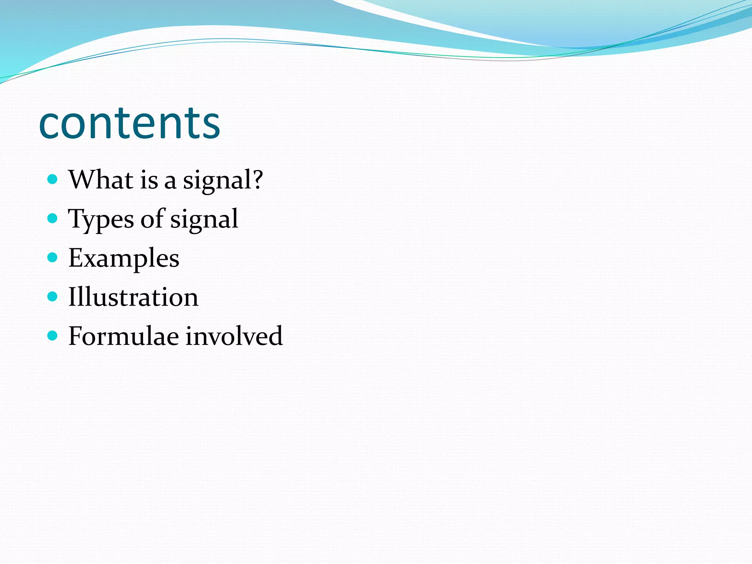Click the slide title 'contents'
click(129, 123)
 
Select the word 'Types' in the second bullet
click(101, 219)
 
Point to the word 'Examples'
click(124, 258)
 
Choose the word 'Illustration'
click(133, 297)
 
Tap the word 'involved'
click(234, 336)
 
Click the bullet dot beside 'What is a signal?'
click(53, 179)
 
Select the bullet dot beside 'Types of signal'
click(53, 218)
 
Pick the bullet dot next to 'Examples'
click(53, 257)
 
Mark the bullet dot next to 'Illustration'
click(53, 296)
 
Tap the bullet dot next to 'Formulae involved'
click(53, 335)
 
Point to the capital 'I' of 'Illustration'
click(73, 297)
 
